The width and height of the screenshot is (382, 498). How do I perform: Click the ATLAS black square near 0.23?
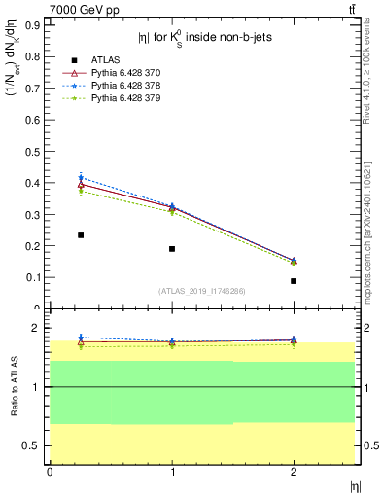[x=81, y=235]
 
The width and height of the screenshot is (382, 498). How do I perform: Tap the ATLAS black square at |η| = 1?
[x=172, y=249]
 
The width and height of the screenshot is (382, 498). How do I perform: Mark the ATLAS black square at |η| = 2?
[x=294, y=281]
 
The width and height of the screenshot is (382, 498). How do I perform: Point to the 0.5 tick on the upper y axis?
[x=37, y=151]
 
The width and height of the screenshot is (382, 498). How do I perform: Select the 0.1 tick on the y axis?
[x=37, y=277]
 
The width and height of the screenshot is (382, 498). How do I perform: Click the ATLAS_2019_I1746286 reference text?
[x=202, y=291]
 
